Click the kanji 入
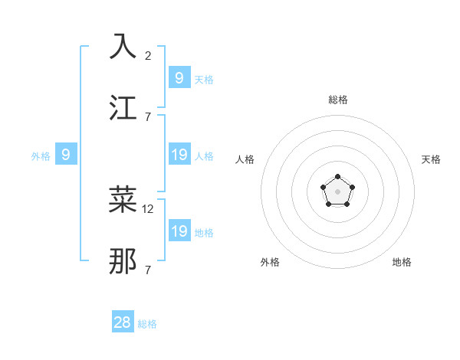point(123,47)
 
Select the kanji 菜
point(123,200)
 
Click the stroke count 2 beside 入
point(148,55)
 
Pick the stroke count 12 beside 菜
point(149,208)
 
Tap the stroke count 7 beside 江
point(148,116)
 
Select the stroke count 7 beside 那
point(148,270)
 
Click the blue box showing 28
point(123,322)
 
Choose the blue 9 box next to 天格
point(179,77)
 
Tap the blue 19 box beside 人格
point(179,155)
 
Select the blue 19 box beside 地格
point(179,231)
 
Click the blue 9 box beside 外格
point(66,155)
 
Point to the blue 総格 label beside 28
point(147,324)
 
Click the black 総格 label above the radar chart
point(338,100)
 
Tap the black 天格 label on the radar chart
point(431,159)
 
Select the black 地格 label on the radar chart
point(402,262)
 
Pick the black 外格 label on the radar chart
point(270,262)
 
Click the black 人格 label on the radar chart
point(245,159)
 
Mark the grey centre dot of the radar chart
point(337,191)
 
